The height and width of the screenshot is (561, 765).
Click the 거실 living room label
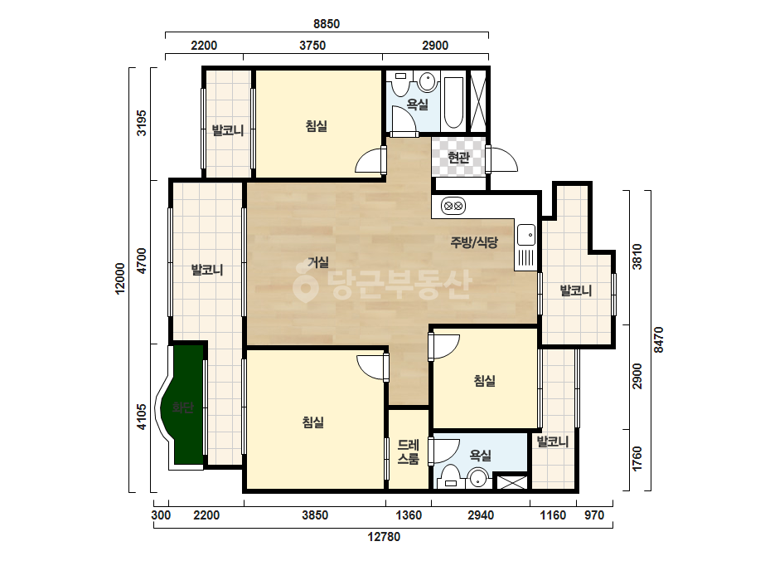click(x=318, y=262)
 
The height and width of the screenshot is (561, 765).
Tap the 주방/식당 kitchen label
click(x=474, y=242)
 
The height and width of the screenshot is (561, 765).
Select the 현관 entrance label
click(x=458, y=158)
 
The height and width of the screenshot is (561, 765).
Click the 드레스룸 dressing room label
click(x=409, y=451)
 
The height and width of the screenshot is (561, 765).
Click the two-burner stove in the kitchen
click(x=453, y=206)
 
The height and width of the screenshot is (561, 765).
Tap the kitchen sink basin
click(x=526, y=235)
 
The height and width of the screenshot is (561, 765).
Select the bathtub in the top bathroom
click(x=453, y=103)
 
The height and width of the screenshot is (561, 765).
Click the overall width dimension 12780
click(x=384, y=537)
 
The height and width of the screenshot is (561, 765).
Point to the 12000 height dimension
click(x=120, y=279)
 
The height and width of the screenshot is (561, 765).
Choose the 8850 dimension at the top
click(x=327, y=23)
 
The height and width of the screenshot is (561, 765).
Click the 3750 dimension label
click(x=312, y=46)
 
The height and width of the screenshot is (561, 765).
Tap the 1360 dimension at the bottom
click(x=409, y=515)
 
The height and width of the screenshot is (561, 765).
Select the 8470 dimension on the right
click(x=659, y=339)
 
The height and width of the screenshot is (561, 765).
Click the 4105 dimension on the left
click(x=142, y=417)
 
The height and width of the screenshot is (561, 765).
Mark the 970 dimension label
click(x=594, y=515)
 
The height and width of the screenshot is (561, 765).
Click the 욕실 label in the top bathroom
click(x=417, y=104)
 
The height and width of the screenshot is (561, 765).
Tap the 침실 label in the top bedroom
click(x=316, y=126)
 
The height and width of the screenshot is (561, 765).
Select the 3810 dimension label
click(x=637, y=256)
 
